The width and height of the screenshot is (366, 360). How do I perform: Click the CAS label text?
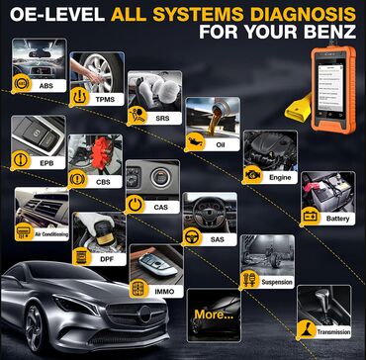(160, 207)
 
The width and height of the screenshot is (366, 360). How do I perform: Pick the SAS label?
(217, 239)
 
